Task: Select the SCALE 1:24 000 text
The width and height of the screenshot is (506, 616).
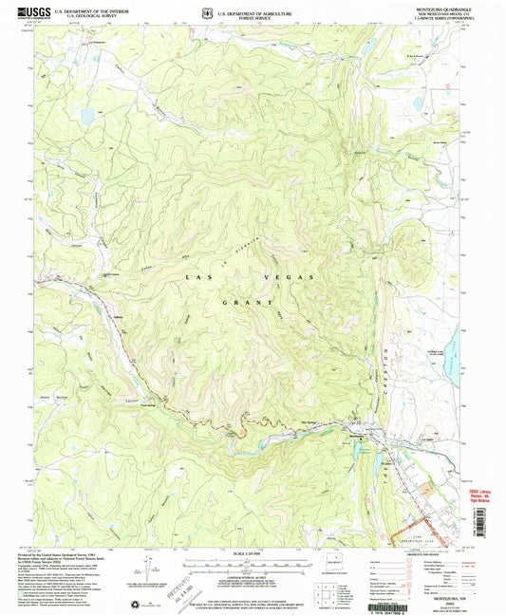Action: coord(252,553)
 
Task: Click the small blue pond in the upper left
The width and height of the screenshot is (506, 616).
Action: coord(86,117)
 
